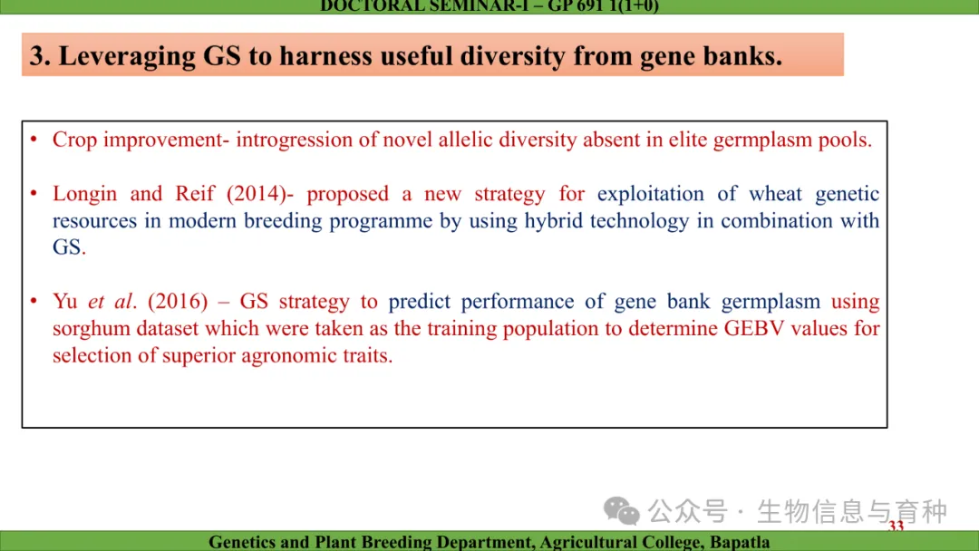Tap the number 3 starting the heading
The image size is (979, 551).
point(36,55)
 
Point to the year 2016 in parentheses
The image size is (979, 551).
point(178,302)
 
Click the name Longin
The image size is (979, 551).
point(84,194)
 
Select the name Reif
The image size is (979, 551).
point(194,193)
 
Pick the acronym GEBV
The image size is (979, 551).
point(753,328)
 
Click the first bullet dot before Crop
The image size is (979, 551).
point(34,140)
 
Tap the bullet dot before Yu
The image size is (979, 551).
point(34,302)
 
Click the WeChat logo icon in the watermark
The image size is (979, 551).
point(621,511)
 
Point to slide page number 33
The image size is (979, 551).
point(896,526)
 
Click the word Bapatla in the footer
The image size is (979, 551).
point(740,542)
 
